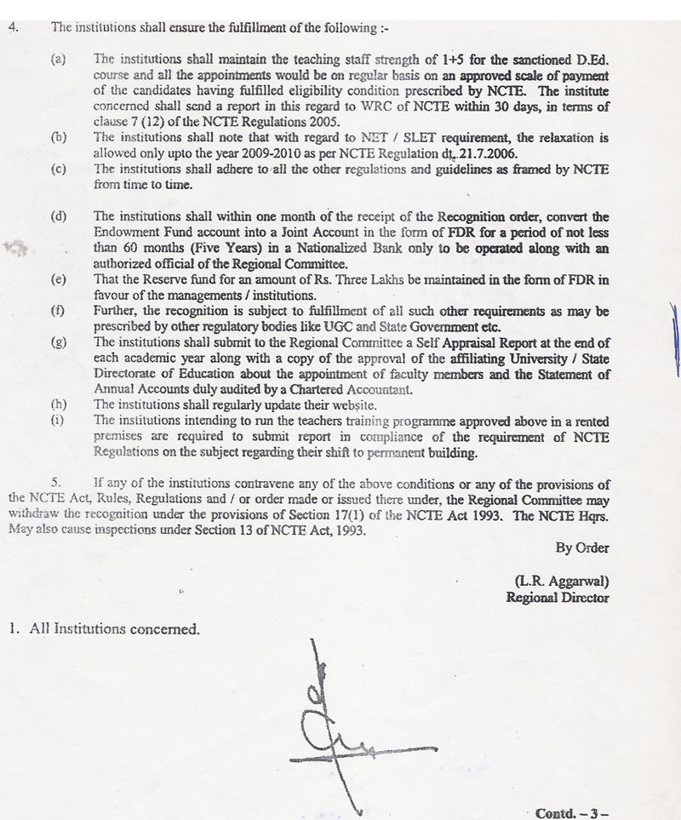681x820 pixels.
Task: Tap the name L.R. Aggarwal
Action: (562, 581)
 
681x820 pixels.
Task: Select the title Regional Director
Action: (558, 597)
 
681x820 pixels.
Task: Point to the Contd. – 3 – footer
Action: (573, 813)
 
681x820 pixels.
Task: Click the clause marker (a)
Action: (59, 58)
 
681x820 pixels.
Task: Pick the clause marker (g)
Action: (59, 341)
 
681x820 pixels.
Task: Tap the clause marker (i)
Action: (58, 419)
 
